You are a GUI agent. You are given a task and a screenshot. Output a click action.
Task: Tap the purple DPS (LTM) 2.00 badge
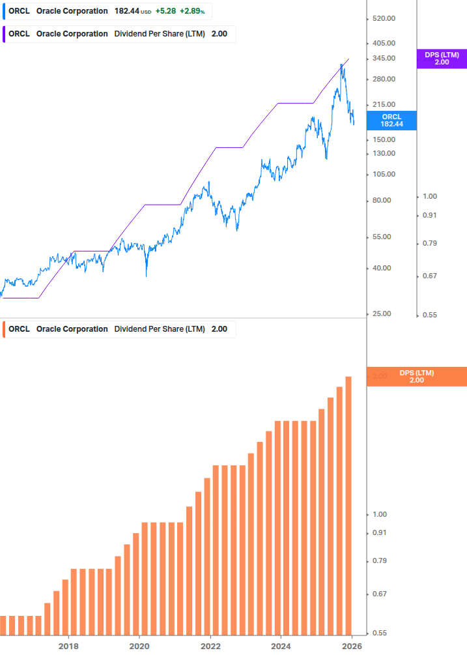point(442,59)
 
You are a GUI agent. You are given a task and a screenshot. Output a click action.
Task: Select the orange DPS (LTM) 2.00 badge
point(416,376)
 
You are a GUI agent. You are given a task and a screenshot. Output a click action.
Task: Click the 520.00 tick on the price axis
point(384,19)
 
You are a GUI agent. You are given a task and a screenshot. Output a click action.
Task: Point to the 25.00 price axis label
point(382,314)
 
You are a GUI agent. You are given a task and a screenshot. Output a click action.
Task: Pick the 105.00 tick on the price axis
point(384,174)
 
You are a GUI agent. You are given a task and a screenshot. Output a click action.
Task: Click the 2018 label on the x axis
point(68,646)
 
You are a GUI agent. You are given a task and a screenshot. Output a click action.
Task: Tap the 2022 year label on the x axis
point(210,646)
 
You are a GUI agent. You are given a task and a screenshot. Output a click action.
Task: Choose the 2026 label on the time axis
point(352,646)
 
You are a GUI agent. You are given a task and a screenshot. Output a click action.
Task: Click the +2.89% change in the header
point(192,11)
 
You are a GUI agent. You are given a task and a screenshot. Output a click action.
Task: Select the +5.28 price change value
point(164,11)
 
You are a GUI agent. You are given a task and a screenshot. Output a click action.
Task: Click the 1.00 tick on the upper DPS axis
point(429,196)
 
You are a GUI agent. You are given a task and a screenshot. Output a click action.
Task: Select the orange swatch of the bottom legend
point(4,329)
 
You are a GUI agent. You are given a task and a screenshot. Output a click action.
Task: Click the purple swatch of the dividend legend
point(4,34)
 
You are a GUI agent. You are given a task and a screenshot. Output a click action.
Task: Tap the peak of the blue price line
point(341,65)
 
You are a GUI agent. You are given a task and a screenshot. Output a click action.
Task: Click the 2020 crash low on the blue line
point(146,276)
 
